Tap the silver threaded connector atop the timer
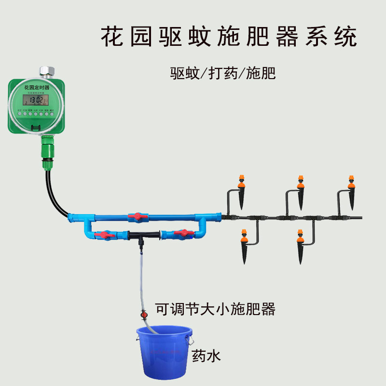point(47,72)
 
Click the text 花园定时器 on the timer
point(37,87)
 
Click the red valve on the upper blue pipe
point(138,217)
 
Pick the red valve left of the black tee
point(105,235)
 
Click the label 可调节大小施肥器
point(215,309)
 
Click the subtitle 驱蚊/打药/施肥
point(222,73)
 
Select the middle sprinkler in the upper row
point(301,191)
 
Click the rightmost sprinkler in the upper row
point(352,191)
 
